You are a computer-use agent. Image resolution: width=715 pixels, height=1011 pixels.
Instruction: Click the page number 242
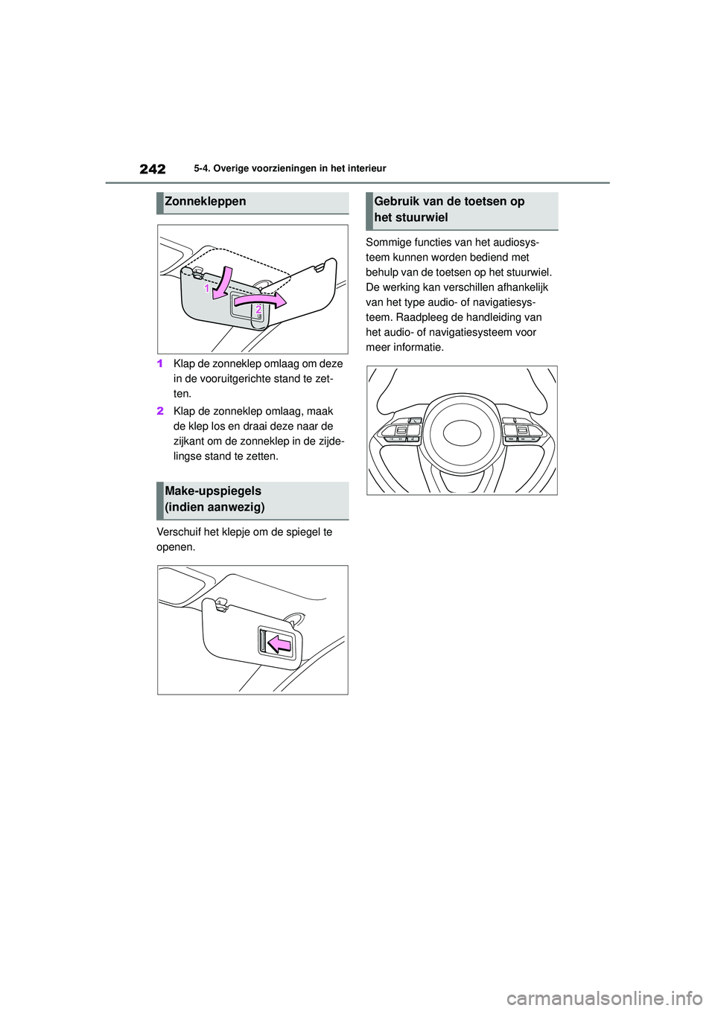pos(152,169)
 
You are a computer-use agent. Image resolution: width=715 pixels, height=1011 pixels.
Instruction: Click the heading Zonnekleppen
pos(205,202)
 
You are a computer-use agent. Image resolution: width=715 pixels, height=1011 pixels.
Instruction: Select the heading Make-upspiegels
pos(213,491)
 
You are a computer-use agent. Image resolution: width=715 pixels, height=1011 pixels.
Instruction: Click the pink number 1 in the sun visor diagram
pos(208,287)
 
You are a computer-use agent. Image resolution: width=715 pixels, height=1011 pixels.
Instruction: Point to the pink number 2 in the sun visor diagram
pos(258,308)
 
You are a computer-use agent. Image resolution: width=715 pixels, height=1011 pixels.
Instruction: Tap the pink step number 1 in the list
pos(160,364)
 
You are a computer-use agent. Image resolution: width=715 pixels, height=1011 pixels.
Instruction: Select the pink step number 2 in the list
pos(160,411)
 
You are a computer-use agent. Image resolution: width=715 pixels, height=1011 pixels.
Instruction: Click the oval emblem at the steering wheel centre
pos(462,433)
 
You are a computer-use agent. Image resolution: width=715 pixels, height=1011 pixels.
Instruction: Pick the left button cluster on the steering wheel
pos(401,430)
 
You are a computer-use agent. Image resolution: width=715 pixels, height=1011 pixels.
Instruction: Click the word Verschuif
pos(179,532)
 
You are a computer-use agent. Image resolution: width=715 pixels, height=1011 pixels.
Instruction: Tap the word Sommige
pos(389,243)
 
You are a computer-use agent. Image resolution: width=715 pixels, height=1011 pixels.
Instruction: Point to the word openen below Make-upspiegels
pos(176,547)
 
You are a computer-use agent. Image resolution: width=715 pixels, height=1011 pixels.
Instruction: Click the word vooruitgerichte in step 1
pos(235,379)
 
